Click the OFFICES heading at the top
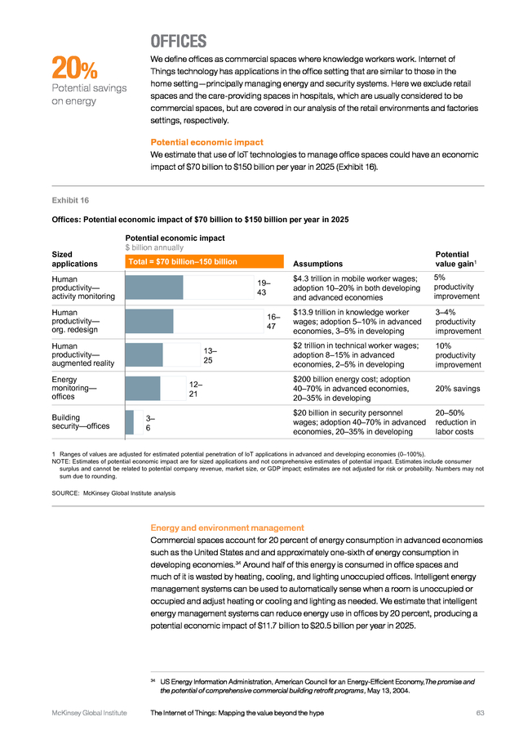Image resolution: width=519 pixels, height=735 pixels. coord(179,42)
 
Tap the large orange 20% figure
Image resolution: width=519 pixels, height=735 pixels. coord(74,68)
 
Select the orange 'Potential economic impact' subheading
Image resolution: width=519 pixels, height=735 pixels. coord(206,142)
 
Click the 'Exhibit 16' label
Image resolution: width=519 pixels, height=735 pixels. coord(70,200)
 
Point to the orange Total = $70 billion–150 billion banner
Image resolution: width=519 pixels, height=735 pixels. coord(204,261)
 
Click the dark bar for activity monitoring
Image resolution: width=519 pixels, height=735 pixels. coord(154,287)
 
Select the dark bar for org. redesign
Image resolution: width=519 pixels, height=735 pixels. coord(149,321)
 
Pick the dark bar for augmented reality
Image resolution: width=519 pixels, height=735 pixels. coord(144,355)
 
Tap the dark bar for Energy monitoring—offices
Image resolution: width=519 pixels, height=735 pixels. coord(142,388)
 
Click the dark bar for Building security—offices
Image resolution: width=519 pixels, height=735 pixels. coord(129,422)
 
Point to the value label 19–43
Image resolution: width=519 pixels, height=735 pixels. coord(262,287)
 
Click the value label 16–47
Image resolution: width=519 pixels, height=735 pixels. coord(272,321)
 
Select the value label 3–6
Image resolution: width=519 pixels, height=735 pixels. coord(150,422)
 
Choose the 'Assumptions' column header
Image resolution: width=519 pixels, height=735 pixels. coord(317,264)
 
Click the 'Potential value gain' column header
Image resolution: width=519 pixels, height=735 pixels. coord(456,259)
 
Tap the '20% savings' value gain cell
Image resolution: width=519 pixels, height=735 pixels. coord(458,389)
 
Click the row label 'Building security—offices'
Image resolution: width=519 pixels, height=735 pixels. coord(81,421)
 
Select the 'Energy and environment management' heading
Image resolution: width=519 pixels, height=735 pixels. coord(227,528)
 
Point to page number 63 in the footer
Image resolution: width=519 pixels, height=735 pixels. coord(480,713)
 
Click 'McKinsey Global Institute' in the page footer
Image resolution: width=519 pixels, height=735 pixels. coord(90,713)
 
